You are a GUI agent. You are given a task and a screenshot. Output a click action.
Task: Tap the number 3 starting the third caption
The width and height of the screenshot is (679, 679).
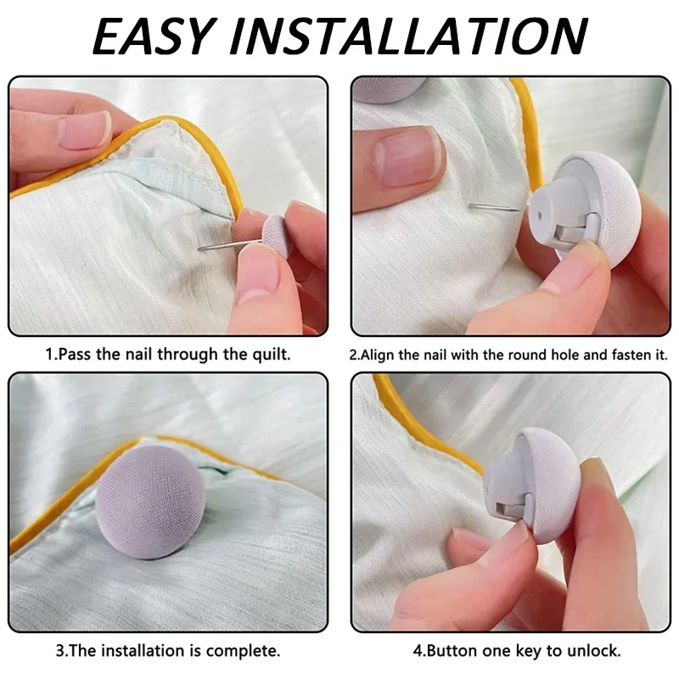click(x=62, y=652)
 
